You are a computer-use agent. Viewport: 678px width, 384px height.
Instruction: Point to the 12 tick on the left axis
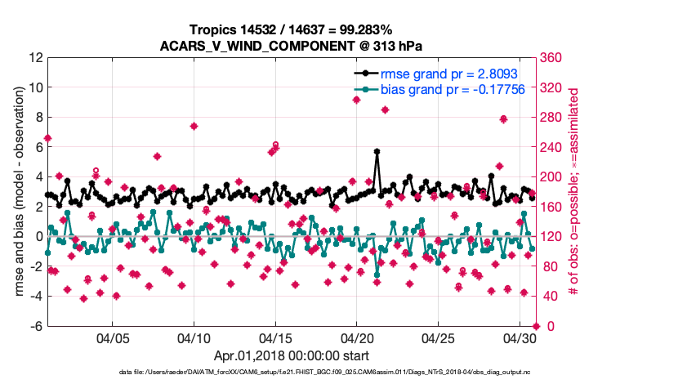point(35,58)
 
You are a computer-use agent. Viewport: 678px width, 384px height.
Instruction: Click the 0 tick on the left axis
point(38,237)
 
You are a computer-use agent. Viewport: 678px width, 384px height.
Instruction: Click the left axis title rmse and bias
point(16,192)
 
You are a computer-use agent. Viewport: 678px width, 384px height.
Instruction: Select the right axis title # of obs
point(574,192)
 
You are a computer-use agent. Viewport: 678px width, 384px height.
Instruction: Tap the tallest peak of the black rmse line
point(377,151)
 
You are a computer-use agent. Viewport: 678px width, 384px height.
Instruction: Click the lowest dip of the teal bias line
point(377,275)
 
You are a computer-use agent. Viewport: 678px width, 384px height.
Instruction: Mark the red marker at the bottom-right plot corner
point(536,326)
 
